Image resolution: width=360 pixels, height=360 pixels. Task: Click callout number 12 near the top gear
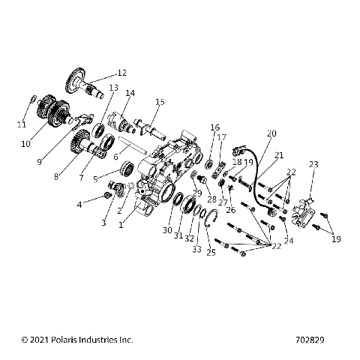coord(121,73)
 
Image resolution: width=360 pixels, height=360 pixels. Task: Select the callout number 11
coord(22,124)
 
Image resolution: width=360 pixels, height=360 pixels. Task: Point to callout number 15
coord(160,101)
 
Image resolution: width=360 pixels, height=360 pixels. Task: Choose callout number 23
coord(313,164)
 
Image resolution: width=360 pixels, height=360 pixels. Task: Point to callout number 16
coord(214,127)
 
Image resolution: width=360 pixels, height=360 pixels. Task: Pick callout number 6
coord(115,157)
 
